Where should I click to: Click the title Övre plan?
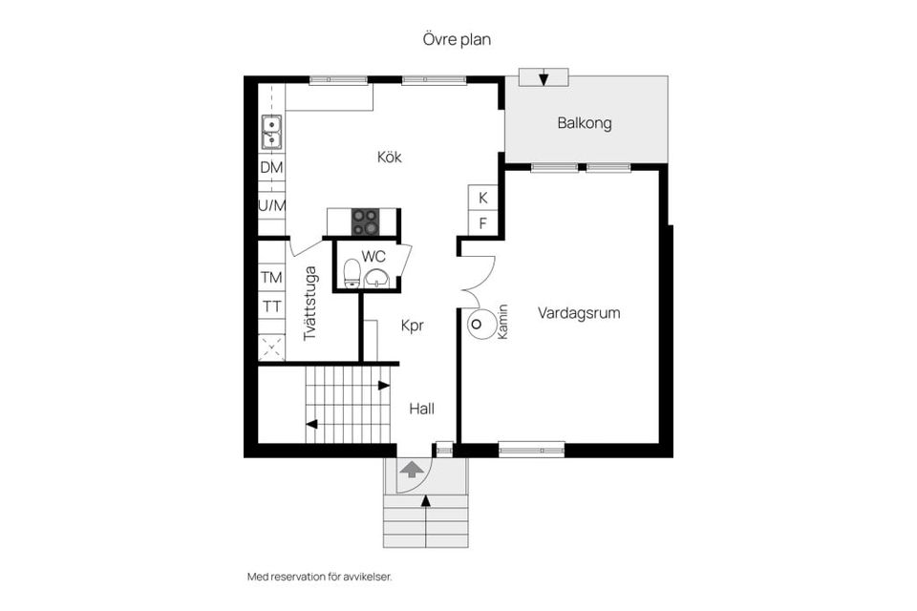(x=457, y=40)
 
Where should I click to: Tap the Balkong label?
(x=585, y=123)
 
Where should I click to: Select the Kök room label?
(x=390, y=157)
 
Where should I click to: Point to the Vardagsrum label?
(x=579, y=313)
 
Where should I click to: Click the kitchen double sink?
(x=271, y=132)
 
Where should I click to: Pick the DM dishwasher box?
(x=271, y=168)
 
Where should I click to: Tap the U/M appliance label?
(x=272, y=205)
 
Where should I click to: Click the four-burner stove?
(x=364, y=222)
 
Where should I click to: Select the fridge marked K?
(x=482, y=198)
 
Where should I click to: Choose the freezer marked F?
(x=482, y=223)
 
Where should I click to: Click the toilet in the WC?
(x=352, y=274)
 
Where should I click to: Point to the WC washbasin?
(x=376, y=279)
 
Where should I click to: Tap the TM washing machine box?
(x=271, y=277)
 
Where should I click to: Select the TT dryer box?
(x=271, y=305)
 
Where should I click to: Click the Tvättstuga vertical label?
(x=309, y=304)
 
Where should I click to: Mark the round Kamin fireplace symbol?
(x=478, y=325)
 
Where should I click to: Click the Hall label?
(x=421, y=409)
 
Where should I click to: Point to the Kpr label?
(x=413, y=327)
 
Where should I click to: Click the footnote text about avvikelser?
(x=319, y=577)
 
